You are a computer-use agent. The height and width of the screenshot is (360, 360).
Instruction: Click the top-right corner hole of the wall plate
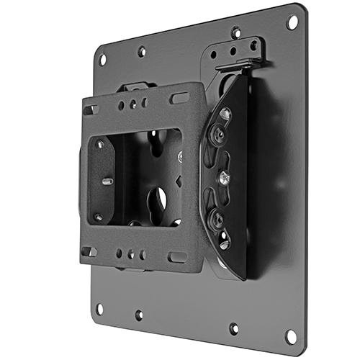click(292, 22)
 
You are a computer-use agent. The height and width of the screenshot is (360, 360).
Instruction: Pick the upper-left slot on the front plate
click(91, 109)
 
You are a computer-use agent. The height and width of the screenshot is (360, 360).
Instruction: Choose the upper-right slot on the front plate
click(178, 97)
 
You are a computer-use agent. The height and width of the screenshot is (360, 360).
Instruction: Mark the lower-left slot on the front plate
click(91, 251)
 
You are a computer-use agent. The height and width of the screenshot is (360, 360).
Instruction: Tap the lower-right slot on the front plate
click(176, 257)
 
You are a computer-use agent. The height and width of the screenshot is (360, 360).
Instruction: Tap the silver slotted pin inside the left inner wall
click(107, 181)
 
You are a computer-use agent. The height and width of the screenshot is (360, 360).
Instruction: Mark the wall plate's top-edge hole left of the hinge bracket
click(142, 52)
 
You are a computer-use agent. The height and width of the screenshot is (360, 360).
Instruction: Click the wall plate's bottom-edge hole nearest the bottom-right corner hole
click(233, 328)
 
